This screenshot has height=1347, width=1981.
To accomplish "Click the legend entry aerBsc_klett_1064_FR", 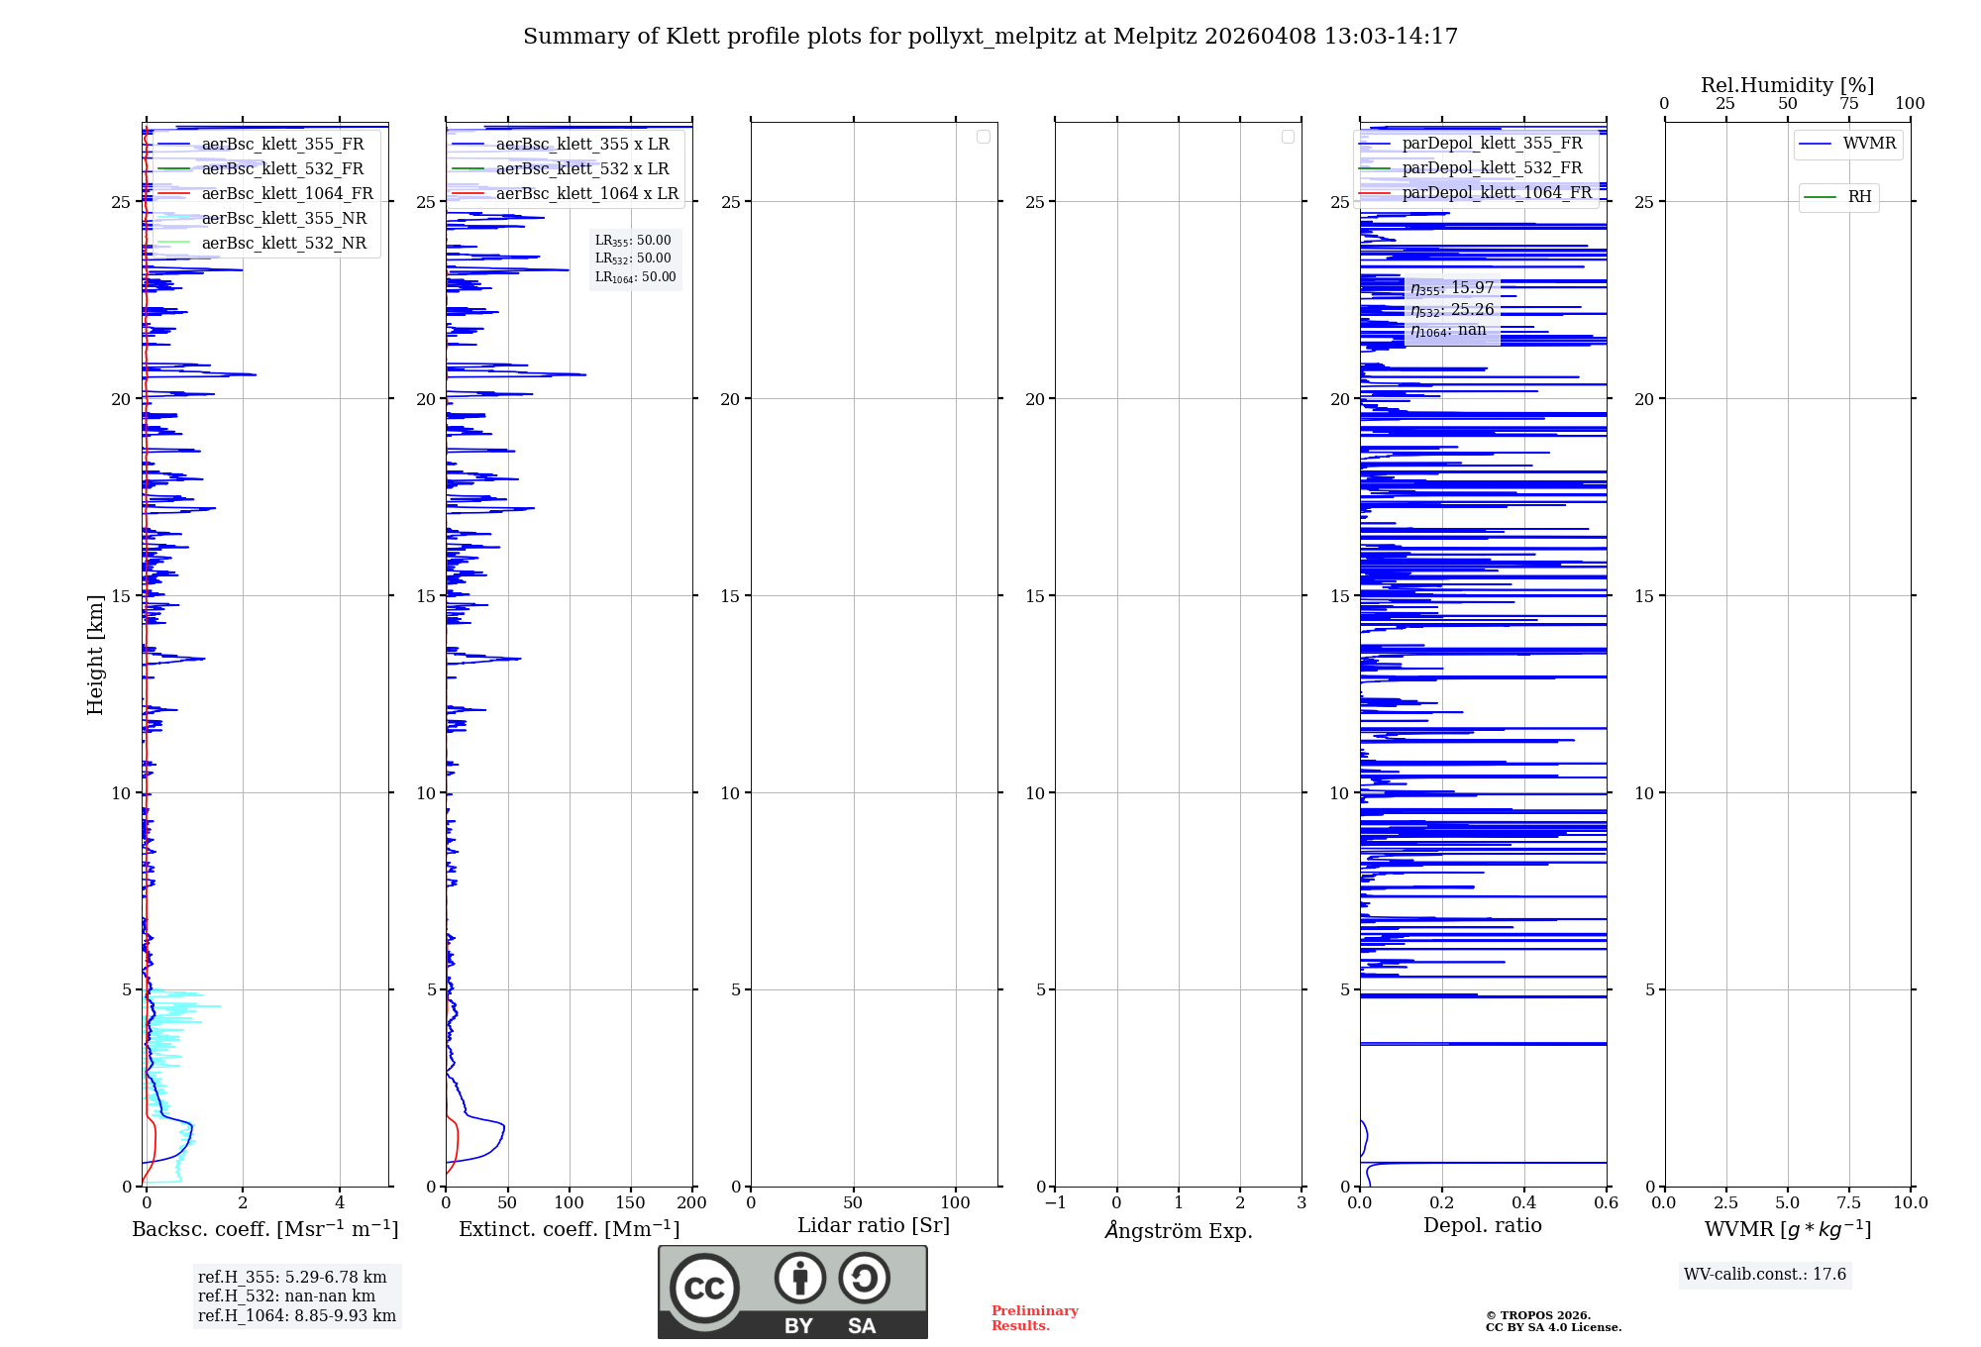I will [286, 193].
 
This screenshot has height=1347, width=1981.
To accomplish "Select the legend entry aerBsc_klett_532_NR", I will [283, 243].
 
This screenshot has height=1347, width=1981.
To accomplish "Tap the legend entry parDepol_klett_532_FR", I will [1492, 167].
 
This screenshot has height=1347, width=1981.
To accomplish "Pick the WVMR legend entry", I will [1869, 143].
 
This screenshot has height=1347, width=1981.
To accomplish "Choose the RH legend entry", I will [1859, 196].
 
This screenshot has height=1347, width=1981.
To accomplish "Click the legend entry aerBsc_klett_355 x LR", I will [581, 144].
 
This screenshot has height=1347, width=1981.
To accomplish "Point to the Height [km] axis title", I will [95, 654].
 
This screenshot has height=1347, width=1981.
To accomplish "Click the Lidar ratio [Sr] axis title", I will [873, 1225].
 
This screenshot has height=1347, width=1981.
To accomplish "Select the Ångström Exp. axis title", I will [1178, 1230].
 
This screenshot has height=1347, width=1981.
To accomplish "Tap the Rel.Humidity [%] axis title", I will [1787, 85].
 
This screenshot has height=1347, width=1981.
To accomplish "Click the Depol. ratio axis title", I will [1482, 1225].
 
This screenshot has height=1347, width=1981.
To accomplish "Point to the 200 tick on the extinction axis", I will [691, 1202].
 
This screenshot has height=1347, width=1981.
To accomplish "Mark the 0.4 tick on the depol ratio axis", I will [1524, 1202].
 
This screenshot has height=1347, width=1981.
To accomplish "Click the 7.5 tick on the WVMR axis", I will [1849, 1202].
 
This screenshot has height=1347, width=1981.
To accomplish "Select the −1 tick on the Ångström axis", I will [1055, 1202].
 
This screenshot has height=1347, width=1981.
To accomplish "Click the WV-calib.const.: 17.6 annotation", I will [1764, 1274].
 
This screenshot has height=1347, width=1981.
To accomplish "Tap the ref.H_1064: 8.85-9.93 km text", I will [296, 1315].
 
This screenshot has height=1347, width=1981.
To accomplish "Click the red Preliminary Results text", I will [1034, 1317].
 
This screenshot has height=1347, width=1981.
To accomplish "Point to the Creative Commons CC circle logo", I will [704, 1289].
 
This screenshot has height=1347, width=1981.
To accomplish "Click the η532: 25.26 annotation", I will [1452, 310].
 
